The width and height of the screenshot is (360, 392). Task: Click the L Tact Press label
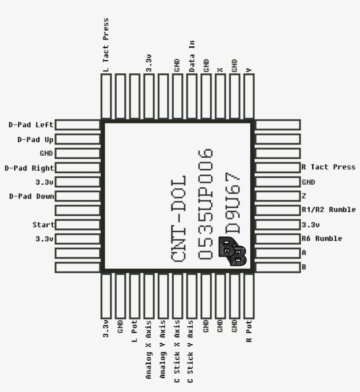105,45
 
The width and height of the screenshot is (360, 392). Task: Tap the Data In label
192,56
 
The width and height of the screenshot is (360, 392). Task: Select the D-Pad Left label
31,125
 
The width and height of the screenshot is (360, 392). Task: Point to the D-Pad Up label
36,139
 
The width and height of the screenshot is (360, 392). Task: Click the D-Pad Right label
29,168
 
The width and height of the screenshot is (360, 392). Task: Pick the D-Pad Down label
32,196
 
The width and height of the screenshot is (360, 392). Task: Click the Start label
43,225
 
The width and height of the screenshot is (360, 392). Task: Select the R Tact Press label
328,167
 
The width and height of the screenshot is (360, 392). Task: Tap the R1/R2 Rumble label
328,210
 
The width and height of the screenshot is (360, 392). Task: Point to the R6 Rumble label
322,239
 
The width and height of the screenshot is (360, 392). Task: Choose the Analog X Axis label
148,349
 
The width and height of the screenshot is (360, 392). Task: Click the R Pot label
249,331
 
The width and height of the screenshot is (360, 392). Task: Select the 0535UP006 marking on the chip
205,204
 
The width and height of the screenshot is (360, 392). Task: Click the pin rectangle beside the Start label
78,225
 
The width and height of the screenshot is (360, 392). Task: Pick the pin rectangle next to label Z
277,196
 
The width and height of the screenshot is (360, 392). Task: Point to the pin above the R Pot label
249,295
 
